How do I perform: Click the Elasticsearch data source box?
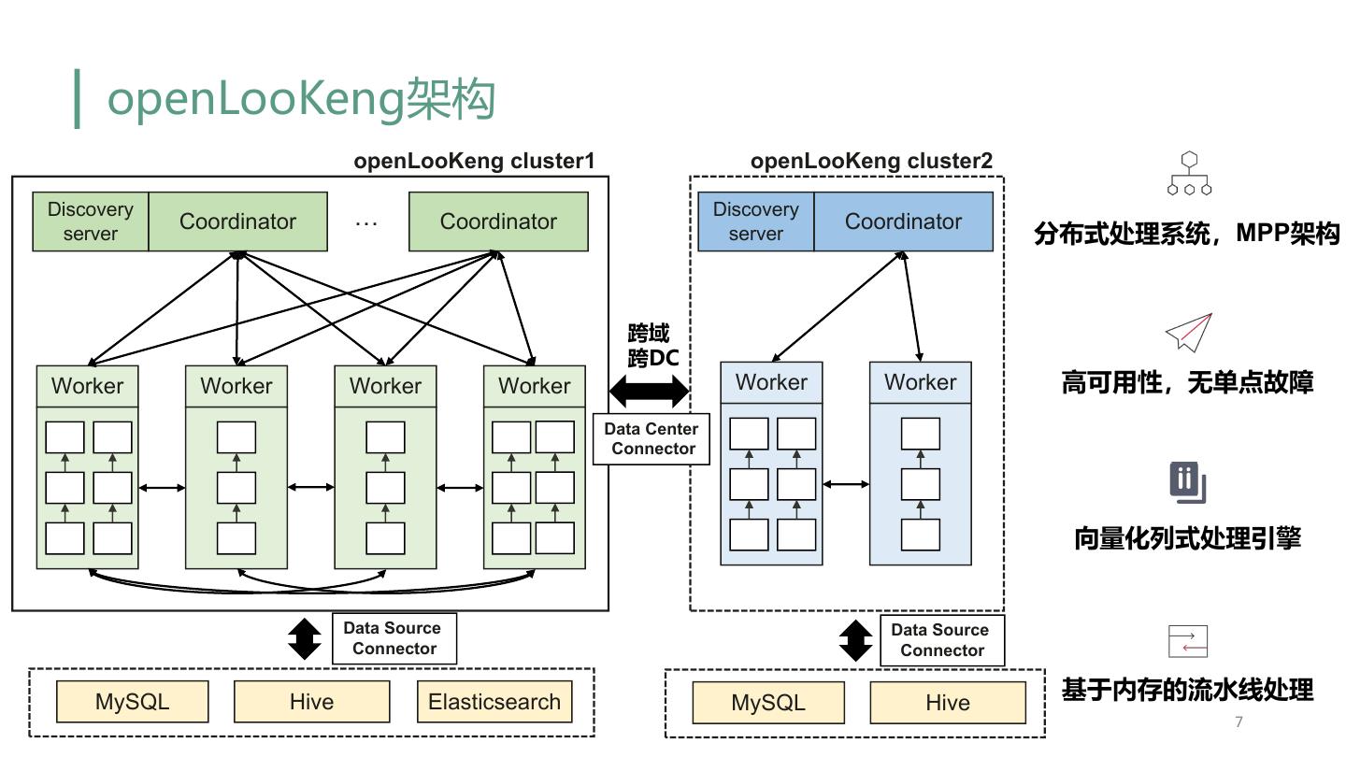[x=494, y=702]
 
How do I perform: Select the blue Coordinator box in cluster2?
[x=903, y=221]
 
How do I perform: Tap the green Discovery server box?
[x=91, y=221]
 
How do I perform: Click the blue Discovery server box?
[x=756, y=221]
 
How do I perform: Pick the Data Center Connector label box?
[x=652, y=438]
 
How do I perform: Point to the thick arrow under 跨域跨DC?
[x=649, y=390]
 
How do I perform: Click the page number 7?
[x=1239, y=721]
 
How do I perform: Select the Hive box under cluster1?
[x=311, y=702]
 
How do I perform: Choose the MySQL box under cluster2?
[x=768, y=703]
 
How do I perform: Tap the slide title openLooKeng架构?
[x=301, y=99]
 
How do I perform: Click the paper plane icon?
[x=1188, y=332]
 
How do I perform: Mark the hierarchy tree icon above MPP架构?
[x=1189, y=174]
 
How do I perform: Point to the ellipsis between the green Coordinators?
[x=366, y=222]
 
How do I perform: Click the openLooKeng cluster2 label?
[x=871, y=161]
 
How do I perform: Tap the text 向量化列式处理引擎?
[x=1187, y=538]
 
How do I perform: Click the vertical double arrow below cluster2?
[x=855, y=640]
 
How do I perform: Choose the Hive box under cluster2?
[x=948, y=703]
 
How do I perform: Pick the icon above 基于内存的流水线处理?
[x=1188, y=641]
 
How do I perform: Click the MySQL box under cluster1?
[x=132, y=702]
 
